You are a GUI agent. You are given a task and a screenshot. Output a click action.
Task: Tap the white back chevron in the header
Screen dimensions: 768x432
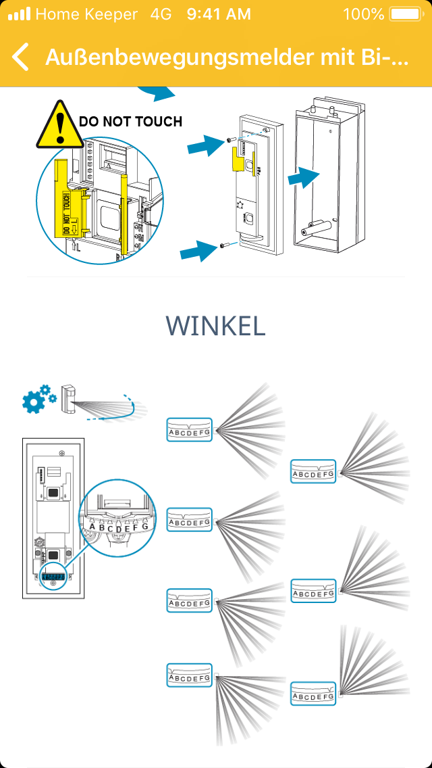pos(21,57)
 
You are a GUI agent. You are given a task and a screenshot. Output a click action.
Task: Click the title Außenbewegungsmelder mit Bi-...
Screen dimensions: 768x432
pos(227,57)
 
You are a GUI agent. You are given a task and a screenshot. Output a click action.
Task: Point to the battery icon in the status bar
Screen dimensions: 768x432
pos(405,14)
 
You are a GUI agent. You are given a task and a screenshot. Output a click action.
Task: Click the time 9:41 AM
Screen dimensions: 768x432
pos(219,14)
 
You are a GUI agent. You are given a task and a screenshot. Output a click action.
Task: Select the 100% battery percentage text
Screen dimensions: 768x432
pos(363,14)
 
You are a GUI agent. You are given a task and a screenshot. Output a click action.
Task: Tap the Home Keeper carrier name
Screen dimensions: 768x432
pos(86,14)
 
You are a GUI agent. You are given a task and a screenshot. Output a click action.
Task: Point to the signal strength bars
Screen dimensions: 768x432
pos(19,14)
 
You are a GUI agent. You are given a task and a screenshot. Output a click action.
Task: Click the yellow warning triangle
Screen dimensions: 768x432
pos(61,126)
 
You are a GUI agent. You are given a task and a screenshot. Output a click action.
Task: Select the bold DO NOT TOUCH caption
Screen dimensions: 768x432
pos(130,122)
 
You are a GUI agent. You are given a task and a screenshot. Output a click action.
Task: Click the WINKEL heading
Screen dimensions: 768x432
pos(215,325)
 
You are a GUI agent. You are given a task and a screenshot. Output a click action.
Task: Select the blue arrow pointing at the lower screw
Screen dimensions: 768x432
pos(198,252)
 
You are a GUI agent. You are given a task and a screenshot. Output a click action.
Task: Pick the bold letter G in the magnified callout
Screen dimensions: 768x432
pos(144,526)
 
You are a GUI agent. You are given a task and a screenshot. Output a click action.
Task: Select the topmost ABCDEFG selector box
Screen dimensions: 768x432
pos(189,430)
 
